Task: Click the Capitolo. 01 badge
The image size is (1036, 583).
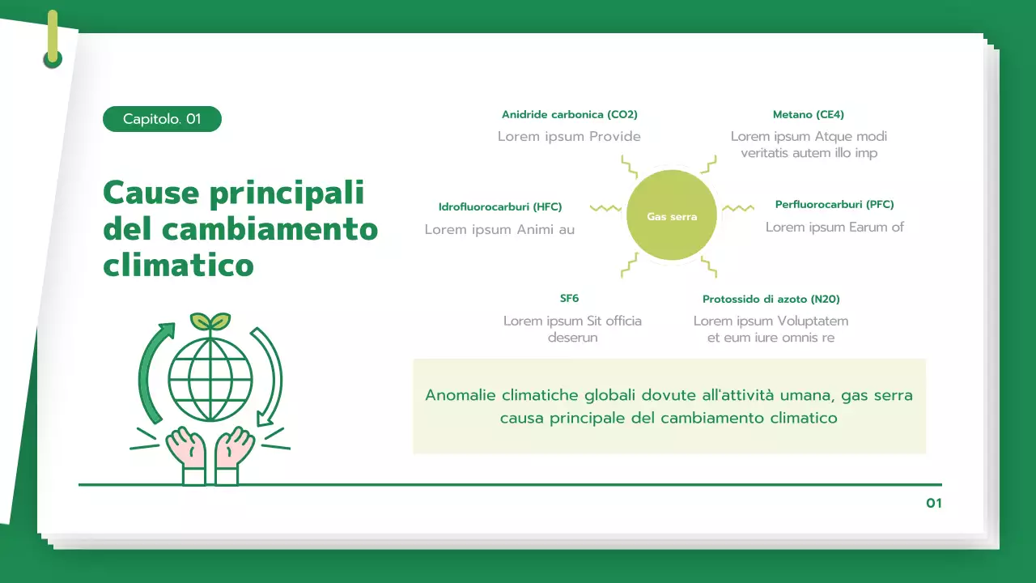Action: coord(162,119)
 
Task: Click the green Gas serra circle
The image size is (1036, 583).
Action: coord(672,215)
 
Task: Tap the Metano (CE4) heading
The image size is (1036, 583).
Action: coord(808,115)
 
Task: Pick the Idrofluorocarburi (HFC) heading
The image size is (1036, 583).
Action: coord(499,206)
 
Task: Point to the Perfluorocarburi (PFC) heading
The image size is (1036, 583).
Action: coord(834,204)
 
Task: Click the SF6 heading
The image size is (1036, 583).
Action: coord(569,299)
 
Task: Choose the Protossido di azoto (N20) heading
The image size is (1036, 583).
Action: coord(771,300)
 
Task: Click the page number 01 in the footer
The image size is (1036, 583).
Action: coord(934,504)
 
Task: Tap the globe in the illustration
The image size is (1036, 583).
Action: coord(210,377)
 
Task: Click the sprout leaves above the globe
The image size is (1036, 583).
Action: coord(210,321)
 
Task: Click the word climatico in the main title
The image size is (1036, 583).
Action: coord(178,265)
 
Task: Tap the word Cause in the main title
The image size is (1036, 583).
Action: coord(151,194)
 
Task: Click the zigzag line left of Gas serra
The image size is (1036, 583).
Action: coord(605,209)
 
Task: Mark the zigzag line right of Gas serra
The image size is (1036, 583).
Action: coord(737,209)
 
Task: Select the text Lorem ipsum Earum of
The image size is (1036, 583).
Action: coord(834,228)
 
